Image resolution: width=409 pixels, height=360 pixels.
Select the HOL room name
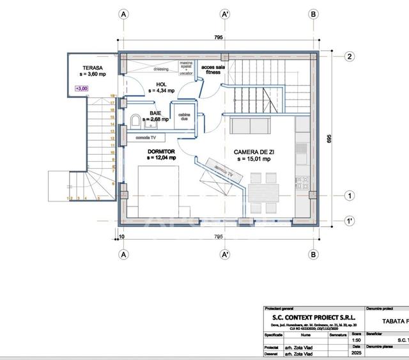click(x=160, y=84)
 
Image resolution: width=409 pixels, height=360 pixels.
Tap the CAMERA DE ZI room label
click(x=254, y=152)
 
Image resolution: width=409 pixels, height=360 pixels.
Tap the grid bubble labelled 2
click(x=350, y=56)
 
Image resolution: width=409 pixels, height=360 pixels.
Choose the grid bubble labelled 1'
click(x=350, y=221)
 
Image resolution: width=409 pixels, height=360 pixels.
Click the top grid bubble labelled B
click(x=313, y=13)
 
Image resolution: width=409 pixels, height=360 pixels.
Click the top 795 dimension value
click(x=219, y=38)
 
